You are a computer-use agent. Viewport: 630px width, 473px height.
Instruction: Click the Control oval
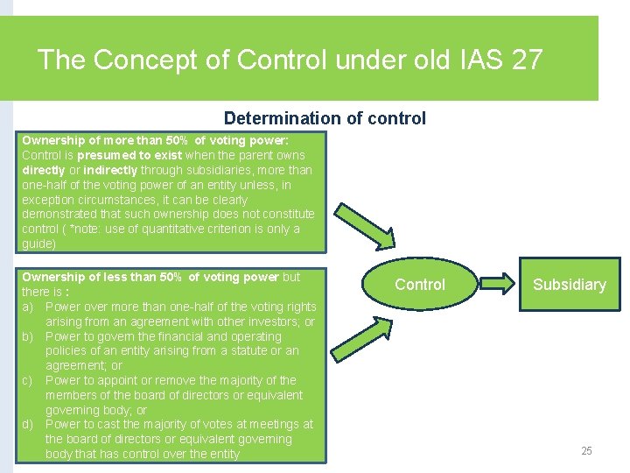(x=419, y=284)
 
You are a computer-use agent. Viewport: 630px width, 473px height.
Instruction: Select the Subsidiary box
(x=569, y=284)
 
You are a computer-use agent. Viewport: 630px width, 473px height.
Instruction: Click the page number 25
(x=586, y=451)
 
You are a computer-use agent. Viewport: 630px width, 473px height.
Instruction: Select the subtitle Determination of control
(x=325, y=118)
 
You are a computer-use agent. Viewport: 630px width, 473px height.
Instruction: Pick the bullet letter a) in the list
(x=28, y=307)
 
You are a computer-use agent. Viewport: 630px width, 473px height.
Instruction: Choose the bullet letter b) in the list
(x=28, y=336)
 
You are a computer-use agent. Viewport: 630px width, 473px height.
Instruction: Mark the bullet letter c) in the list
(x=28, y=380)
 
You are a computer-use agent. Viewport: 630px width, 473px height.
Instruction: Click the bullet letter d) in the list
(x=28, y=425)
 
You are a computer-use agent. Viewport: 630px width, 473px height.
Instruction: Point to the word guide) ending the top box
(x=38, y=244)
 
